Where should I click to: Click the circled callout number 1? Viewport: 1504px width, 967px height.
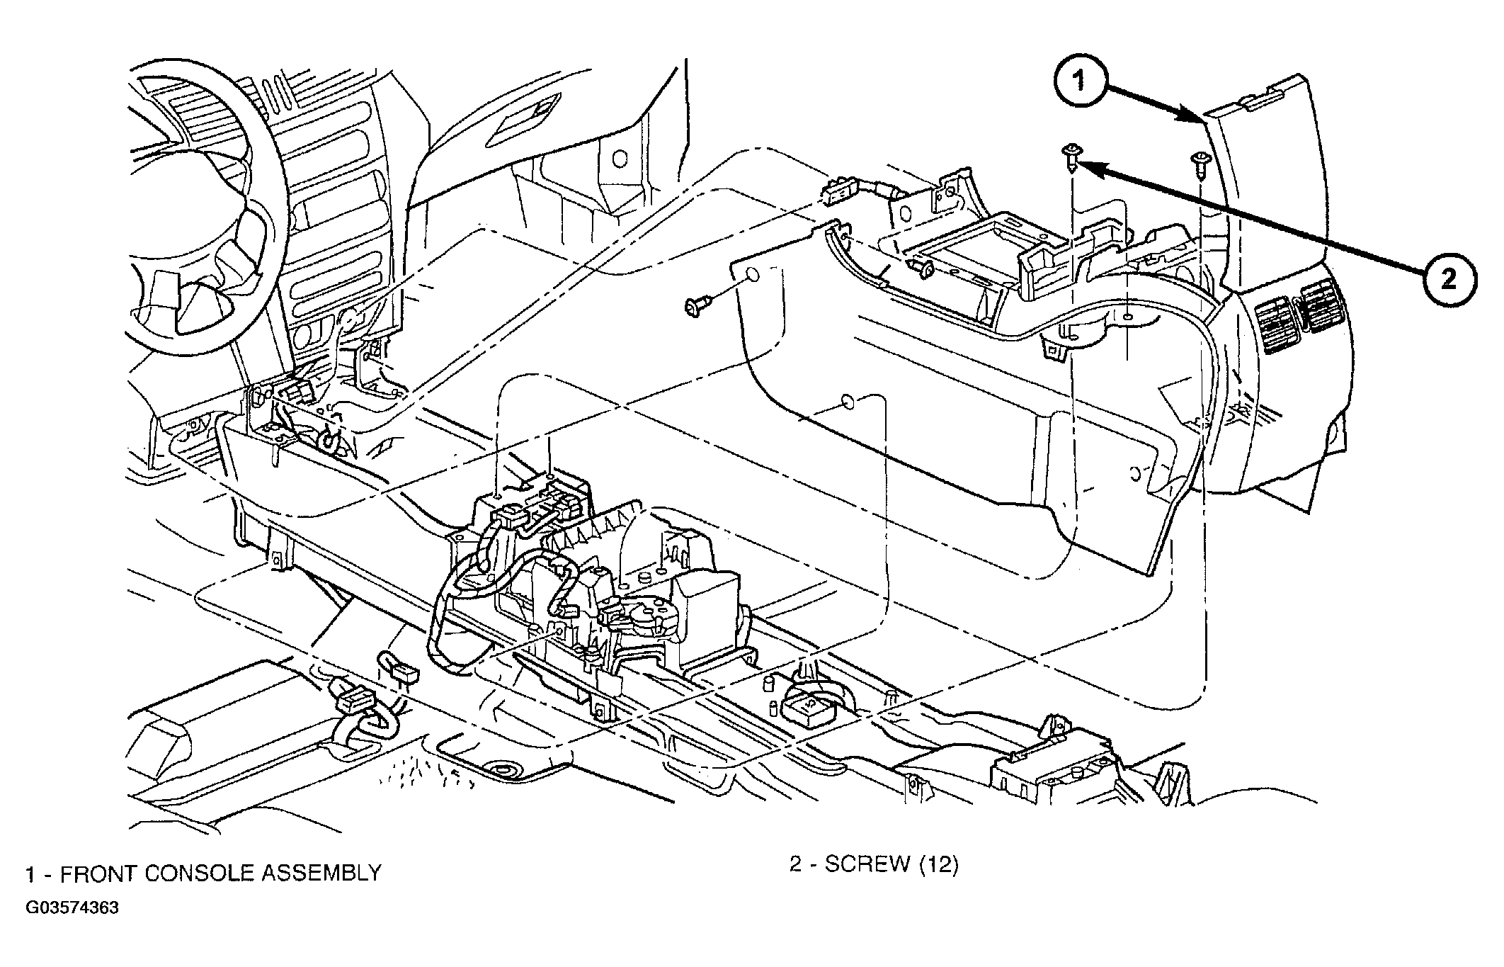[1079, 83]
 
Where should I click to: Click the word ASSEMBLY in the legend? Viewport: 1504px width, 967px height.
[322, 873]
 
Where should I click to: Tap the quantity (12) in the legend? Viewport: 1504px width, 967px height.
[938, 864]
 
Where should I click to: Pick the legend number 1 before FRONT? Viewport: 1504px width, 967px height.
[30, 873]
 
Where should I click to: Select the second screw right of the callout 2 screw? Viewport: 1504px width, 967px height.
[1199, 165]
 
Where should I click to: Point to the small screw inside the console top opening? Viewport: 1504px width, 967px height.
[922, 267]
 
